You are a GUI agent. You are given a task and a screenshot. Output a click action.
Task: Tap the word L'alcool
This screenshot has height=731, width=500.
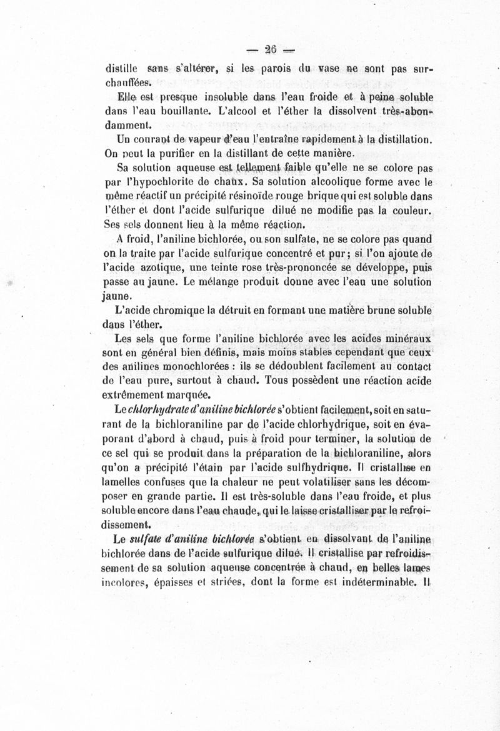click(x=242, y=111)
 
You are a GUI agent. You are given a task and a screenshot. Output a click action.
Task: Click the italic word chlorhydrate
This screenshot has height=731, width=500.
click(x=154, y=410)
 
